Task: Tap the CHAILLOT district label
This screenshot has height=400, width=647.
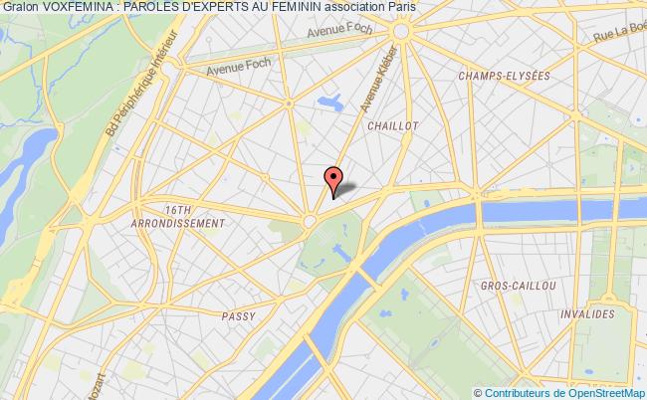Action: coord(392,126)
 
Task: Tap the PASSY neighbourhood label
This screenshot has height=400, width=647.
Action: coord(239,315)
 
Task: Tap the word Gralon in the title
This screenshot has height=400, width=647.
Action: coord(21,7)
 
